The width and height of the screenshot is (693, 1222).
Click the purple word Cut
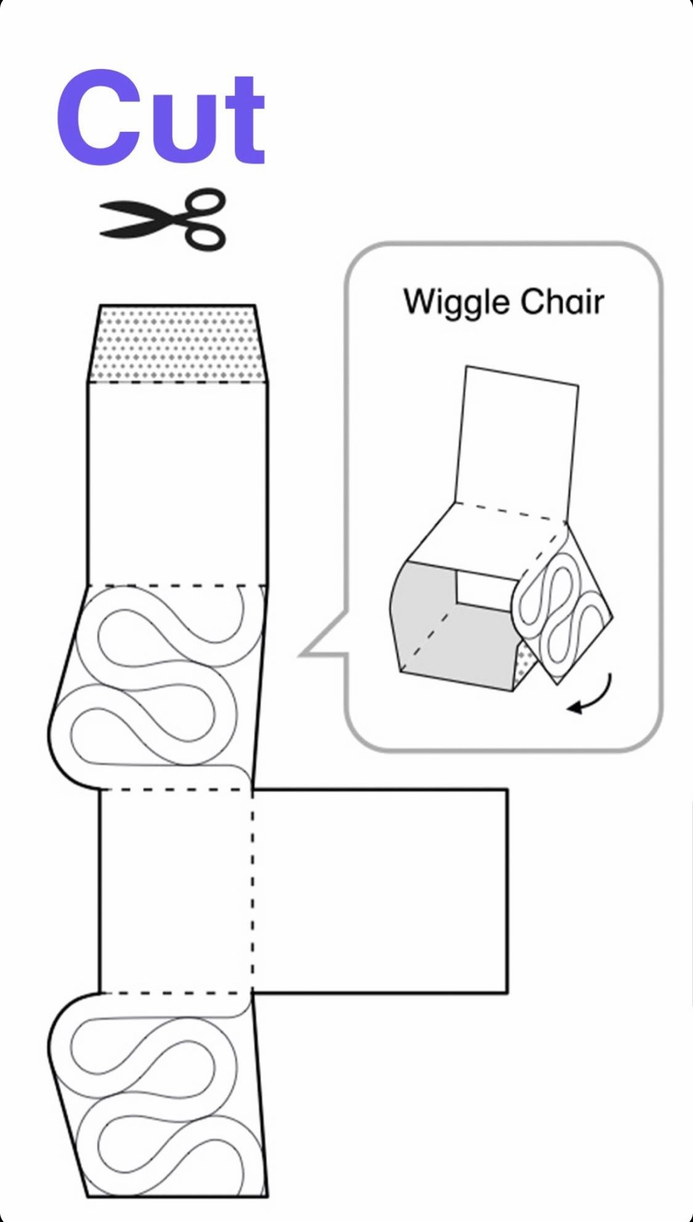click(x=161, y=118)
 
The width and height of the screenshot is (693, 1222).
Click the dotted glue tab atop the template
click(x=177, y=344)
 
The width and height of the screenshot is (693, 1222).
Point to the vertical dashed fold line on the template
click(x=253, y=890)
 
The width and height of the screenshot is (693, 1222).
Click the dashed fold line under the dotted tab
click(x=177, y=382)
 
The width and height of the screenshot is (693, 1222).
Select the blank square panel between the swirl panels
click(x=176, y=890)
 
